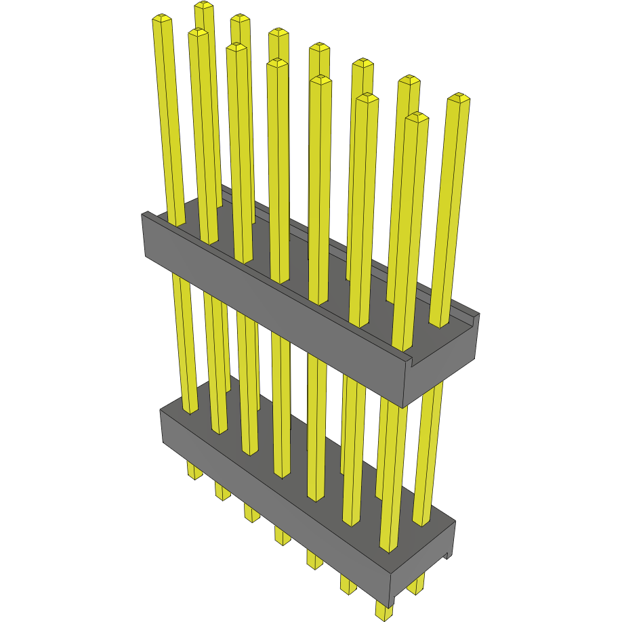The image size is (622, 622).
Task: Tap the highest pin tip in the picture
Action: [x=203, y=5]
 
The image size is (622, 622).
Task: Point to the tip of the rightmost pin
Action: [x=459, y=98]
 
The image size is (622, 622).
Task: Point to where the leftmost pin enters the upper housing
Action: [x=175, y=222]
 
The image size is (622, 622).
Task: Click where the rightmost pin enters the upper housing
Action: [x=440, y=323]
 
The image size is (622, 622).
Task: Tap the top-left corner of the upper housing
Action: [x=142, y=215]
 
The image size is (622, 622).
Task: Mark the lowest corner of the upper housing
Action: [x=405, y=407]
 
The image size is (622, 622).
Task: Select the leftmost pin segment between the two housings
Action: [x=184, y=339]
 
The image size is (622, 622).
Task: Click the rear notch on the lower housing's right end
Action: [x=447, y=556]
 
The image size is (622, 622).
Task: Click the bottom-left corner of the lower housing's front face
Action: [x=163, y=444]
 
